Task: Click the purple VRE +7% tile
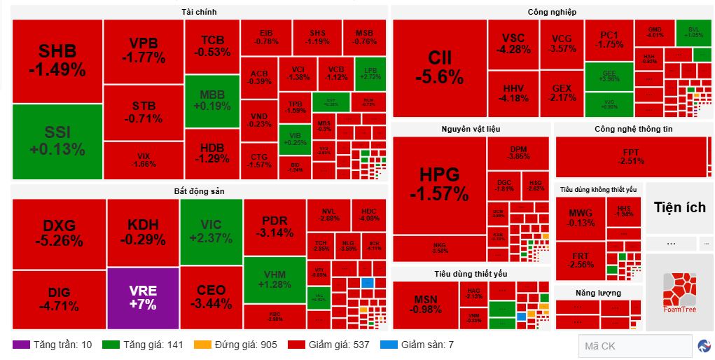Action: (x=142, y=298)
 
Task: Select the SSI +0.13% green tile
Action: (x=57, y=141)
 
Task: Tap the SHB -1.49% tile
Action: (x=57, y=60)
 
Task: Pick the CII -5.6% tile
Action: (x=439, y=68)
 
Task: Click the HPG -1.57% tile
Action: (x=439, y=184)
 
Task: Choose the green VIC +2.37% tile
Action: (x=211, y=231)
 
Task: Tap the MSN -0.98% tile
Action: (x=425, y=304)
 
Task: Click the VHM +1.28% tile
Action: (x=275, y=279)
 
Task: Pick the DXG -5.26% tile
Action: (x=59, y=233)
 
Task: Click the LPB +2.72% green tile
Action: (x=370, y=74)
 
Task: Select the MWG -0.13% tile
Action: (x=581, y=218)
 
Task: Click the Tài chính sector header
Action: (x=199, y=12)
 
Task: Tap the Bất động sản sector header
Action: (x=199, y=191)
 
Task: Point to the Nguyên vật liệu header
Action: (x=471, y=129)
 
